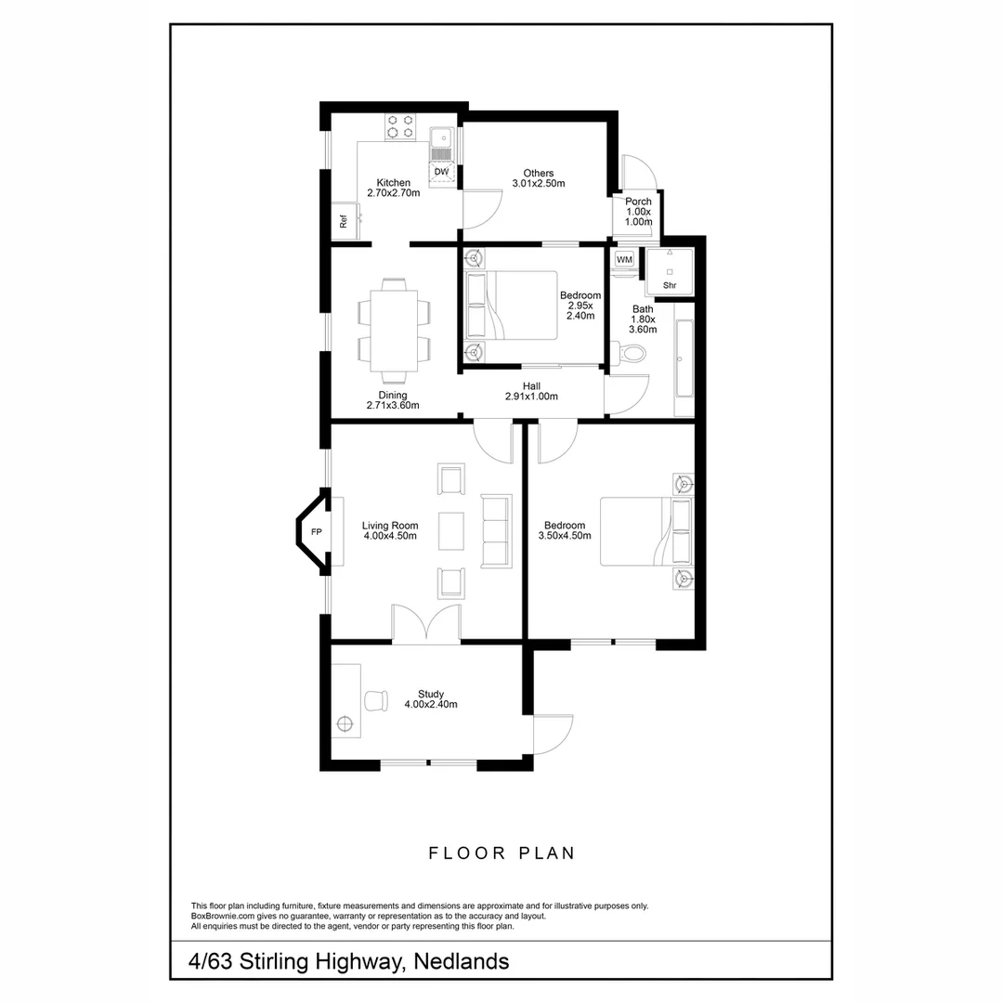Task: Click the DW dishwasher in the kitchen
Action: (441, 173)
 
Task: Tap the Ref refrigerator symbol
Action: (344, 222)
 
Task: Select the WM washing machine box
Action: (624, 259)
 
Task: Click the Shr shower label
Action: (669, 285)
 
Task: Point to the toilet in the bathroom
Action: (631, 354)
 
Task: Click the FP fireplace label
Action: (316, 532)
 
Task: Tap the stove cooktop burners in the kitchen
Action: (400, 126)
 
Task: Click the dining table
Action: (394, 332)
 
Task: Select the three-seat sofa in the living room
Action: (496, 530)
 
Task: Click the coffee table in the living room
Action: (451, 530)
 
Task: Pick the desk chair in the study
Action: (377, 700)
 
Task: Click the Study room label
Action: (431, 694)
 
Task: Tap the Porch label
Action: (638, 202)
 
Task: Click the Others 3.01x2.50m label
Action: (539, 178)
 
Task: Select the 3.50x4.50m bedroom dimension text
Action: (565, 536)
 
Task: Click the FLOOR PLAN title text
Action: (501, 853)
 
